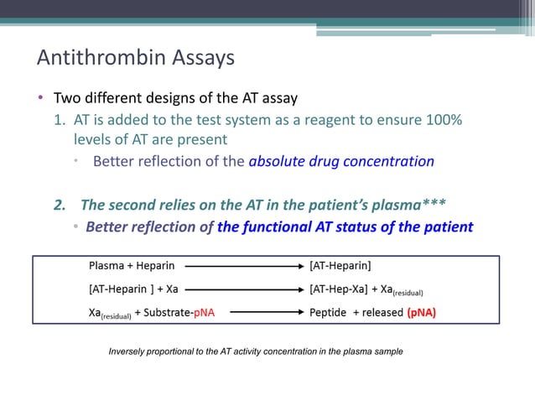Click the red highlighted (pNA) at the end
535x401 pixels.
coord(422,315)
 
